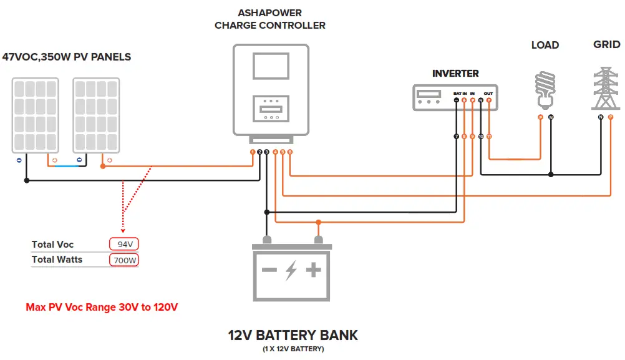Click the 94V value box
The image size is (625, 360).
tap(124, 244)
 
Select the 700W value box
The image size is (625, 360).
tap(124, 260)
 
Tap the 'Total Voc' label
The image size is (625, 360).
tap(52, 245)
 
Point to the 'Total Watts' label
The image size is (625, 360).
tap(57, 260)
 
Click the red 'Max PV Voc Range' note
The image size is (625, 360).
tap(102, 307)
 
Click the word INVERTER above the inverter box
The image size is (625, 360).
tap(455, 74)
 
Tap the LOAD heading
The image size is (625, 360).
tap(545, 45)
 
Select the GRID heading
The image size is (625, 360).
tap(606, 44)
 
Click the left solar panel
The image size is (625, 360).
tap(36, 115)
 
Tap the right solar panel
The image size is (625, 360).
tap(96, 115)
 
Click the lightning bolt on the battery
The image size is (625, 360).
tap(291, 271)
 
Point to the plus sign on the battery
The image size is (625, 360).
tap(314, 270)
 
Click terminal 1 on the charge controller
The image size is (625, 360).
tap(253, 152)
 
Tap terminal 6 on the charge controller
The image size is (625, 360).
tap(290, 152)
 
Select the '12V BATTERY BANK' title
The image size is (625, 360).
tap(293, 335)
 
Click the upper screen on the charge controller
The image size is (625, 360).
tap(271, 66)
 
